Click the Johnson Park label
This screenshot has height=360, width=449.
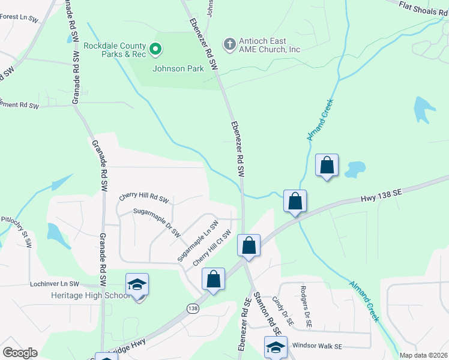178,68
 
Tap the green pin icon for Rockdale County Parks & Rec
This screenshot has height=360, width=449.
155,48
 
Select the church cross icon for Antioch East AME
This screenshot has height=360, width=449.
229,44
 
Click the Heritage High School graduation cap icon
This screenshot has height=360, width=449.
137,284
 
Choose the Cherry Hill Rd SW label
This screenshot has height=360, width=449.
144,197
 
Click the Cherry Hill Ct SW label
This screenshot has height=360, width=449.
212,249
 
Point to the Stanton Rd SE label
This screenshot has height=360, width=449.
268,313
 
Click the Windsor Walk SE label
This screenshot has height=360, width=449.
317,346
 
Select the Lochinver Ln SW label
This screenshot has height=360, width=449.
54,283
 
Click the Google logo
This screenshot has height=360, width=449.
20,353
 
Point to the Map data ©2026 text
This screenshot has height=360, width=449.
424,355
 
